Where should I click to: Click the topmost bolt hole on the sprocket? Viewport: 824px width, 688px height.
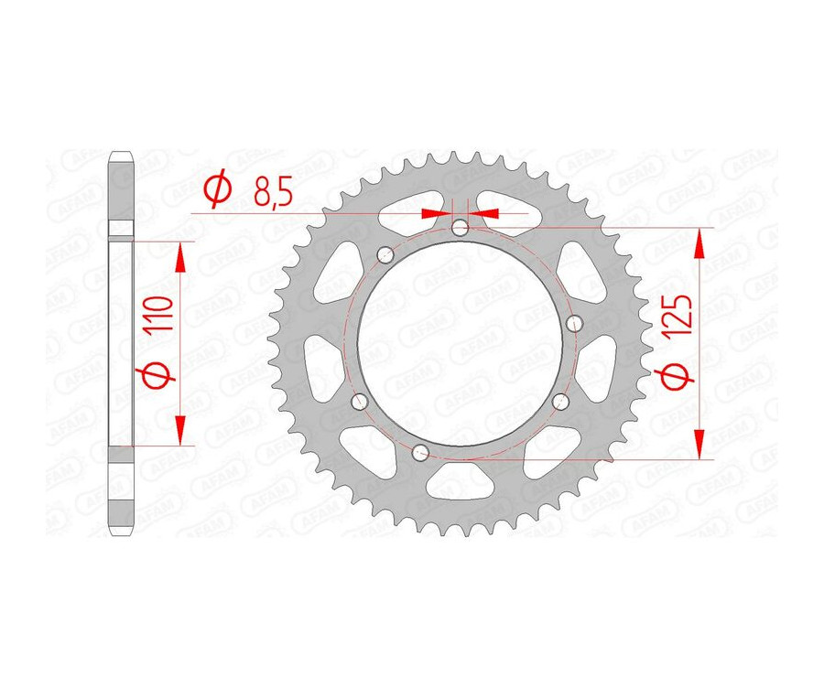(460, 227)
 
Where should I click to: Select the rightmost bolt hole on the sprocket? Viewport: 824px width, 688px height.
(576, 323)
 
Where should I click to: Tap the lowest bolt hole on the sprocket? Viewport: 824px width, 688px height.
(420, 450)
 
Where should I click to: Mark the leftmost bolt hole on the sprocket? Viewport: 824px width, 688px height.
(358, 400)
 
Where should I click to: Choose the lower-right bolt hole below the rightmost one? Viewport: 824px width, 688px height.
(561, 400)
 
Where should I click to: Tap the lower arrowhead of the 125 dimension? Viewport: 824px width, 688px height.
(700, 444)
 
